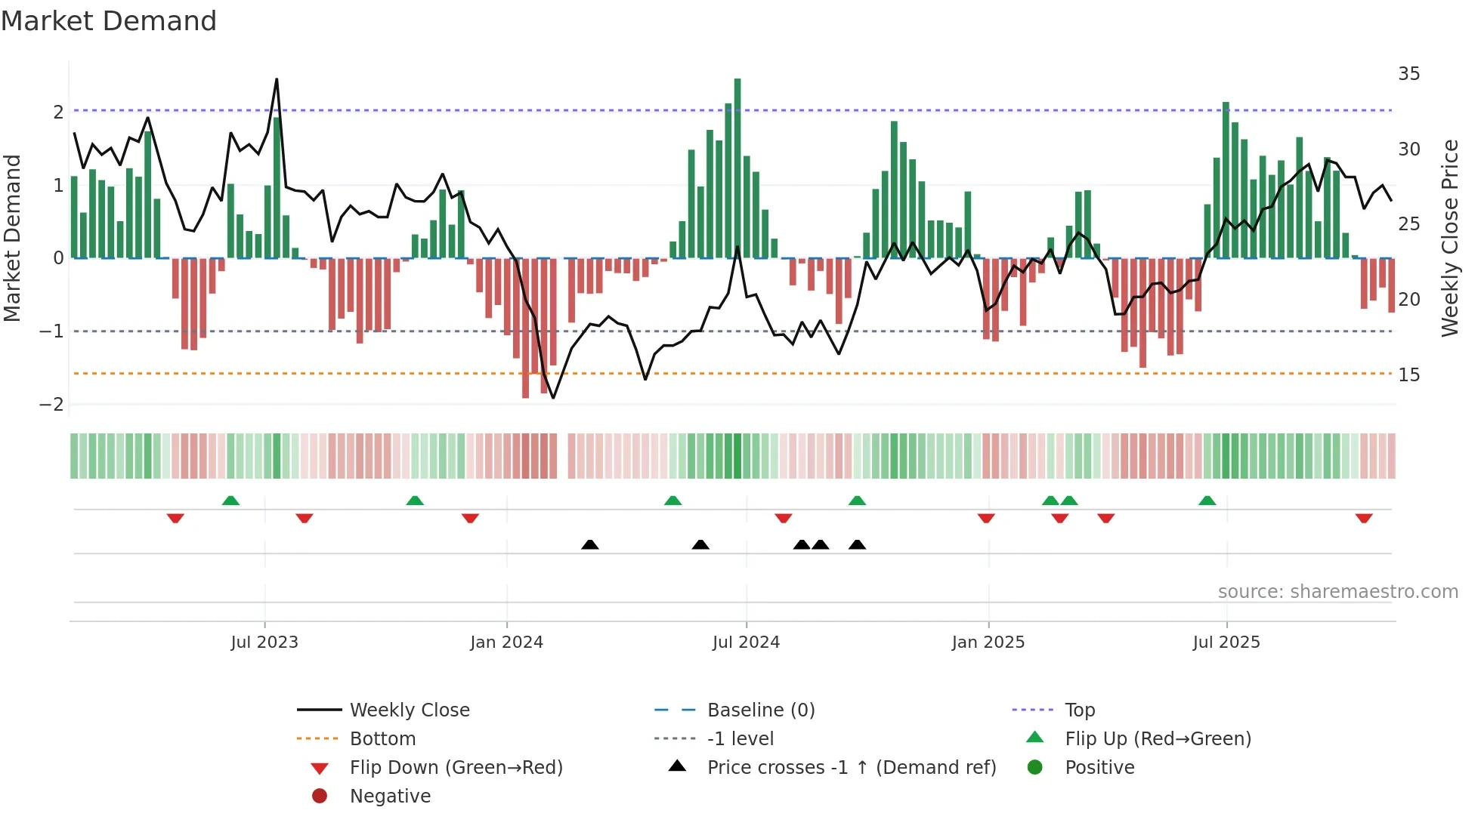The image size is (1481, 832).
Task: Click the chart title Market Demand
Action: (109, 21)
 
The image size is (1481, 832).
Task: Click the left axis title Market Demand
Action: (13, 238)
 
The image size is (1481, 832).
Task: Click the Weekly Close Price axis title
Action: (1449, 238)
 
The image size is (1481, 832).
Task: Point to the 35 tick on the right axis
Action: (1408, 74)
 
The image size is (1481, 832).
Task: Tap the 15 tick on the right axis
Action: (1408, 375)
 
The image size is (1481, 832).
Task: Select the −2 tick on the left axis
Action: (52, 405)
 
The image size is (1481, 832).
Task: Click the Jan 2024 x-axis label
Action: (506, 642)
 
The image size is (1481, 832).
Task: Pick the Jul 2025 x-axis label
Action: (1226, 642)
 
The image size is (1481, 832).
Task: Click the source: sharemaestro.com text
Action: (1337, 592)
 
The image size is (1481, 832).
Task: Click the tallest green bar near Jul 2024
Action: (737, 166)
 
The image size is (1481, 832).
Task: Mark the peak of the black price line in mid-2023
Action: (277, 79)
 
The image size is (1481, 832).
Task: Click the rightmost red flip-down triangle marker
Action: (1364, 518)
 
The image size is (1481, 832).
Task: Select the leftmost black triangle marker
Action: (590, 544)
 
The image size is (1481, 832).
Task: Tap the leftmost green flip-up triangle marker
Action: (231, 501)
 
